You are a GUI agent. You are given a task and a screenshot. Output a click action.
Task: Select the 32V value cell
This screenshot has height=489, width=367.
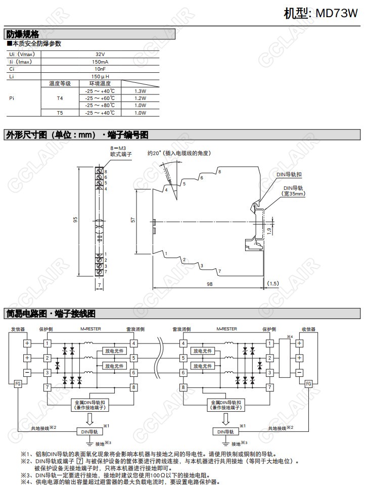click(100, 54)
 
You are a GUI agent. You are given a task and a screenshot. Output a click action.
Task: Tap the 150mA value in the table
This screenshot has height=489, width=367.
click(100, 62)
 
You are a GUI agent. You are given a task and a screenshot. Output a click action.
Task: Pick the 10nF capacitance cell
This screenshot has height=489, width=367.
click(100, 69)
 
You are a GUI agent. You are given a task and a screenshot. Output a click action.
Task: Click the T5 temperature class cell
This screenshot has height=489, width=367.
click(60, 113)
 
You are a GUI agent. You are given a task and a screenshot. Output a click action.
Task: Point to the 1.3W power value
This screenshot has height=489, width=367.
click(141, 91)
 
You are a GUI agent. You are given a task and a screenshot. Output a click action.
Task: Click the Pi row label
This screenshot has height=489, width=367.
click(12, 98)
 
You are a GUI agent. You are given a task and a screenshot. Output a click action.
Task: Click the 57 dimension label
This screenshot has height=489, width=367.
click(132, 220)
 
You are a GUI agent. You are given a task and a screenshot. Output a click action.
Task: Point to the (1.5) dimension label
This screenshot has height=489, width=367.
click(273, 284)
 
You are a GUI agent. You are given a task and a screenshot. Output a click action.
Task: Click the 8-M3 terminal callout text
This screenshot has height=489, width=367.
click(118, 150)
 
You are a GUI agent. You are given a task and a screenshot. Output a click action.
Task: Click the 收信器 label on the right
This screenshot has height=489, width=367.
click(308, 329)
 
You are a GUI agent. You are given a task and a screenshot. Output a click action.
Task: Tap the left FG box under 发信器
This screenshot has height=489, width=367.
click(18, 383)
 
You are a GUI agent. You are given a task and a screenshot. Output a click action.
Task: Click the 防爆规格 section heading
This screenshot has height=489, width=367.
click(21, 34)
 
